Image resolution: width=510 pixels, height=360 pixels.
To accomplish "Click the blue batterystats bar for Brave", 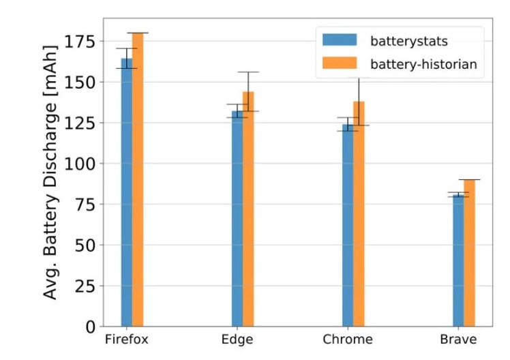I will [458, 262].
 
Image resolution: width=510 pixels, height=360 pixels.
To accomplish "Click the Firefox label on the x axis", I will [126, 340].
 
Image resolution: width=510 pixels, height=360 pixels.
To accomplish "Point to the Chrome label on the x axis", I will [348, 340].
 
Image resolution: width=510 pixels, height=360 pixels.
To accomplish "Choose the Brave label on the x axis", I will [458, 340].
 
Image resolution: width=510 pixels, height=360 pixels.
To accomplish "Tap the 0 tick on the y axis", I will [90, 327].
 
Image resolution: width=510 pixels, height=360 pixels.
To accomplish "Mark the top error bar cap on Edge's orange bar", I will [248, 72].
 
